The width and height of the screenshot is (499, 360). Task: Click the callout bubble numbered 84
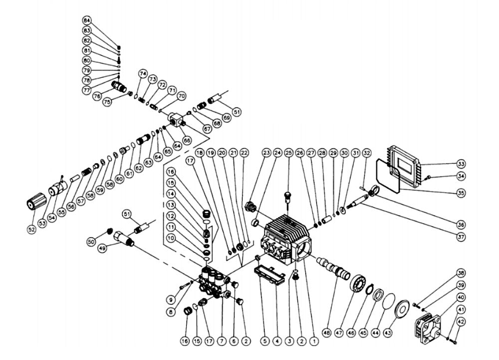[88, 20]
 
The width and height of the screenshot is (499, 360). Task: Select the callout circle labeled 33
[461, 163]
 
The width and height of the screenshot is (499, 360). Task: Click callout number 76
[97, 96]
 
